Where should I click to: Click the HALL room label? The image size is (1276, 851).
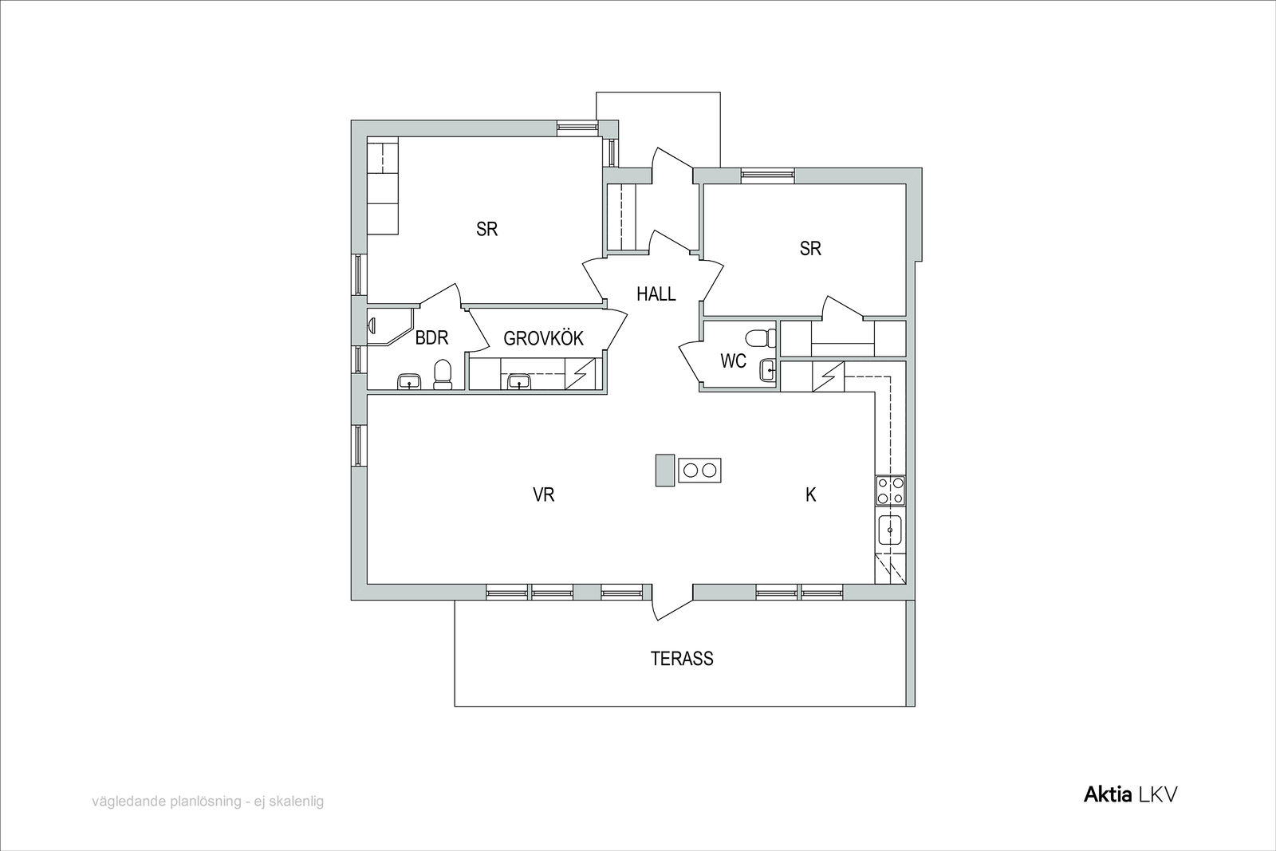pos(656,294)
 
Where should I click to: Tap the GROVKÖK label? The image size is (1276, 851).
pos(543,338)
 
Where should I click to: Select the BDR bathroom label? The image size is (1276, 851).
pos(431,338)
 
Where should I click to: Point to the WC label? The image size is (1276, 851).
pos(733,360)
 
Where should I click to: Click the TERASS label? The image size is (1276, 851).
pos(682,659)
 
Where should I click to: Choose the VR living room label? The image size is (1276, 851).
pos(543,494)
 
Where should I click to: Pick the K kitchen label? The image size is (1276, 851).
pos(810,495)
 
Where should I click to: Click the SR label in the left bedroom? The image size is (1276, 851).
pos(487,229)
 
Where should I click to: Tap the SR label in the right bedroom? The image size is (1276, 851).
pos(810,248)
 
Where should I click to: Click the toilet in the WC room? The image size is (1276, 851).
pos(762,338)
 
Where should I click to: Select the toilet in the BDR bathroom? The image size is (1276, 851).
pos(443,374)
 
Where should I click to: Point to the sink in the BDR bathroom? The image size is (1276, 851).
pos(409,382)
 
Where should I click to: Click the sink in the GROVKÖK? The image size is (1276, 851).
pos(519,382)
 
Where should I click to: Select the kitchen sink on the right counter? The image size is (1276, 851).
pos(890,531)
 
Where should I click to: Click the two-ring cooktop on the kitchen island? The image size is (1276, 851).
pos(699,471)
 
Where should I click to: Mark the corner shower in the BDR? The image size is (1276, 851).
pos(390,327)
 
